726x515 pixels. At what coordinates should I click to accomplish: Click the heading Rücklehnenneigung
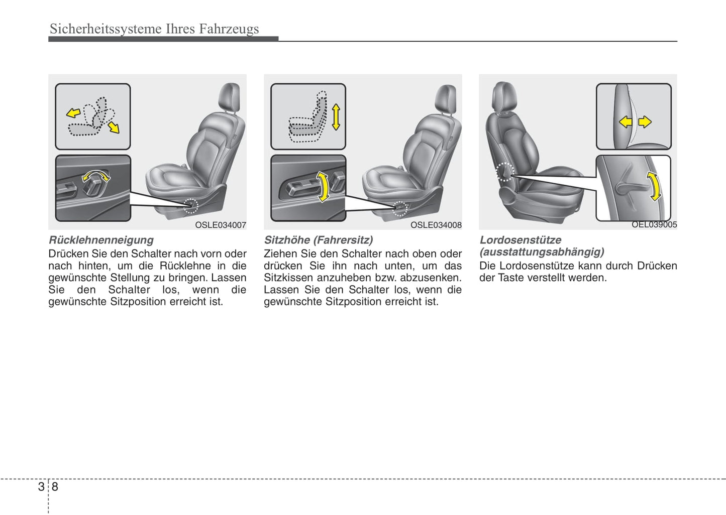[101, 240]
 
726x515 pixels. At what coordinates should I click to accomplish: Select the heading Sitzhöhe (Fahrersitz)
[318, 240]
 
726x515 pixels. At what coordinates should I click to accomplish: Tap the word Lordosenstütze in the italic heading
[520, 240]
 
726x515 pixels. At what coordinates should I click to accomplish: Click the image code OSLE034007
[221, 225]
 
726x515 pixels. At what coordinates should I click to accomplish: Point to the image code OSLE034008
[436, 225]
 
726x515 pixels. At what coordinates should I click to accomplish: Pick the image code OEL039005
[654, 225]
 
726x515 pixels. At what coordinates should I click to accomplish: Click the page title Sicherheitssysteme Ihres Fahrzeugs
[154, 29]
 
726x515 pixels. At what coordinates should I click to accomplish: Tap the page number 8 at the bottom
[55, 486]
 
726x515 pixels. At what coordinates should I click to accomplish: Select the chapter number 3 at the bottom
[41, 486]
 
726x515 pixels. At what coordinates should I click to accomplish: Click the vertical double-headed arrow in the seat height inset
[336, 117]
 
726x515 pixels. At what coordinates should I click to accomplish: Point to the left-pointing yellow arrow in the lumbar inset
[626, 121]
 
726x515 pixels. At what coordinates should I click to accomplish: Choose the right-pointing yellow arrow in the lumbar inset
[645, 121]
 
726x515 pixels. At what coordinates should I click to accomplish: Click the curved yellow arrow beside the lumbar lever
[654, 186]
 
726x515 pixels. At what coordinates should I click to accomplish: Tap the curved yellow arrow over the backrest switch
[95, 175]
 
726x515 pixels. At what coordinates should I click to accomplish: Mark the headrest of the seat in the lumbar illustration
[504, 96]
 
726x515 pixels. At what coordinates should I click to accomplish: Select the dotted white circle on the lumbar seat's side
[504, 172]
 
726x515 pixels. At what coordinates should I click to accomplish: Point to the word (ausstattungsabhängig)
[542, 252]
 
